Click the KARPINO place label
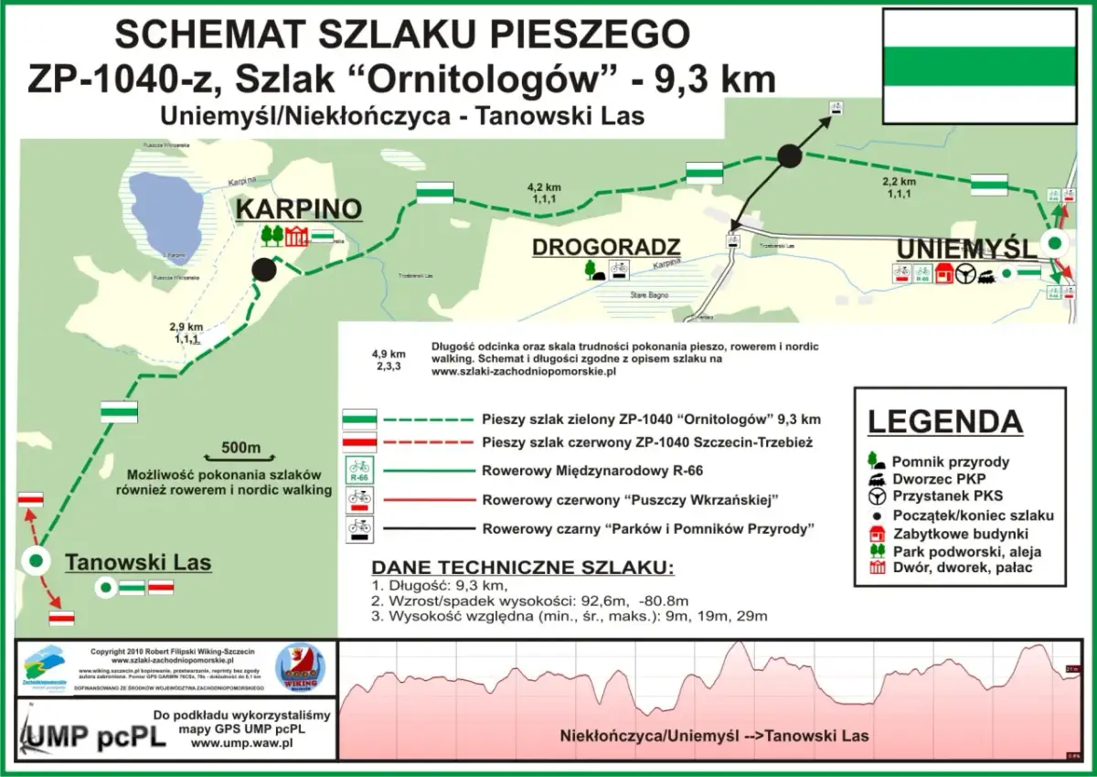coord(299,209)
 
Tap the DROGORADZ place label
coord(606,247)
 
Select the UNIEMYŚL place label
coord(966,249)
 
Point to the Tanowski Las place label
coord(138,562)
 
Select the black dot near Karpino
coord(264,270)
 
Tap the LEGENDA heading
coord(944,422)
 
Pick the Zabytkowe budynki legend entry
coord(961,533)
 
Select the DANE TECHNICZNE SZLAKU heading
coord(523,567)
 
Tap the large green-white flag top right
coord(979,66)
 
